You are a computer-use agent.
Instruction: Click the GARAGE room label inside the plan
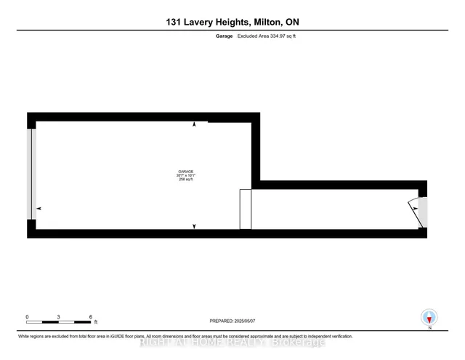pyautogui.click(x=186, y=171)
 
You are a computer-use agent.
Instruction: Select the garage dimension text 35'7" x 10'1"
pyautogui.click(x=186, y=175)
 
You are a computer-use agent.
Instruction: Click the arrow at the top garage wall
pyautogui.click(x=194, y=125)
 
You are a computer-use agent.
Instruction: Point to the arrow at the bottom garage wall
pyautogui.click(x=194, y=226)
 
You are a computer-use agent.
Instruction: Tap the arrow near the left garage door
pyautogui.click(x=39, y=209)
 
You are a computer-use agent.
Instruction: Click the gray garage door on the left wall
pyautogui.click(x=30, y=175)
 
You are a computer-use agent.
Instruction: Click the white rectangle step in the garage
pyautogui.click(x=246, y=209)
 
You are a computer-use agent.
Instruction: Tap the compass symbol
pyautogui.click(x=429, y=317)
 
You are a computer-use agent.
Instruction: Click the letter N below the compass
pyautogui.click(x=429, y=329)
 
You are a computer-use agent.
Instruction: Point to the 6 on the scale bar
pyautogui.click(x=91, y=317)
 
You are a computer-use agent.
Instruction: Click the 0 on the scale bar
pyautogui.click(x=27, y=317)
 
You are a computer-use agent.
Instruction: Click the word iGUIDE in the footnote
pyautogui.click(x=151, y=337)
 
